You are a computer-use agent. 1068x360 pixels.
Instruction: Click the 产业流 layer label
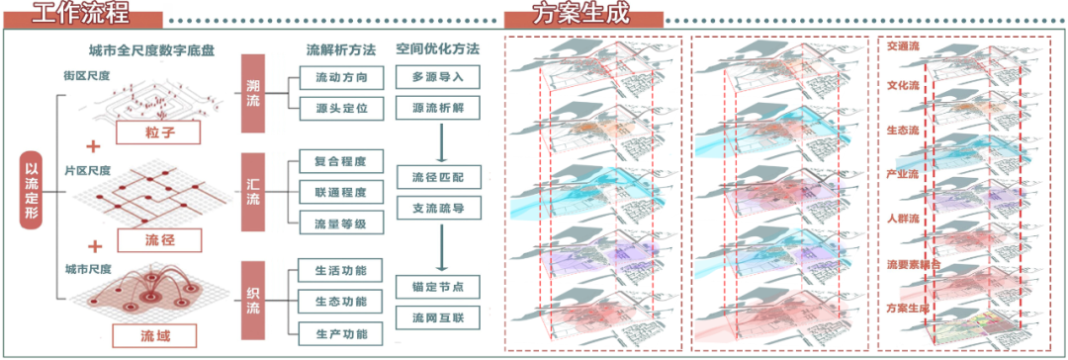point(903,174)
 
